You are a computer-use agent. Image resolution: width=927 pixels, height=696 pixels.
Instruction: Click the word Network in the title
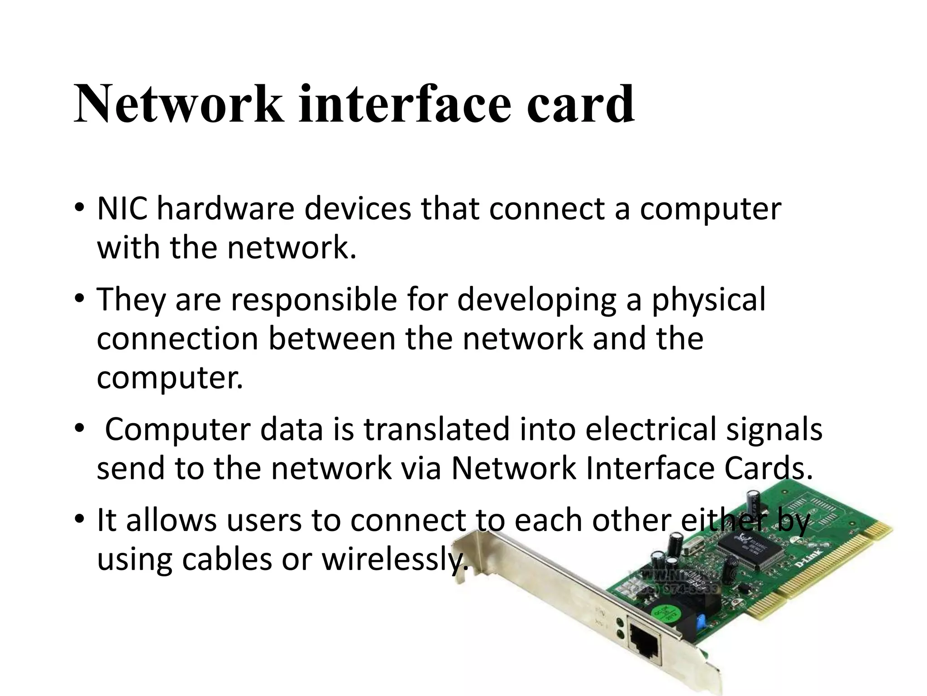[x=179, y=105]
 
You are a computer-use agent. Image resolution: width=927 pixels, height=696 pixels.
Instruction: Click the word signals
[x=774, y=430]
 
